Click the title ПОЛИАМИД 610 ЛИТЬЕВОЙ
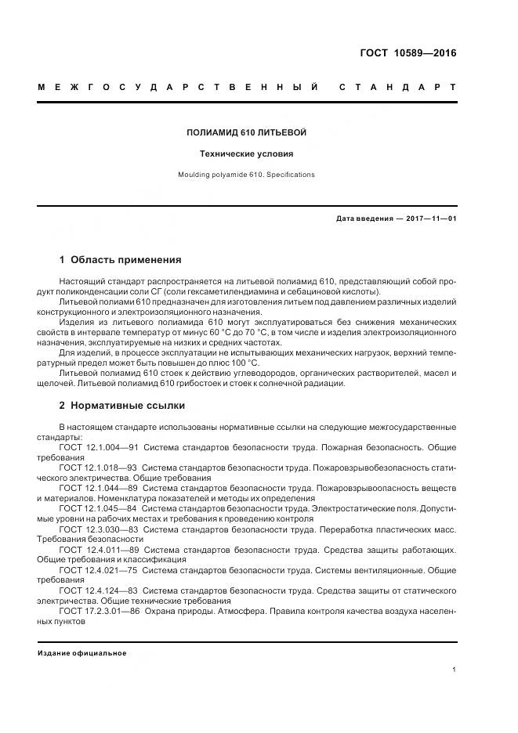click(246, 133)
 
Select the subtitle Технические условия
click(246, 154)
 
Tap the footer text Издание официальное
click(82, 652)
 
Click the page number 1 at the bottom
click(455, 670)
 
